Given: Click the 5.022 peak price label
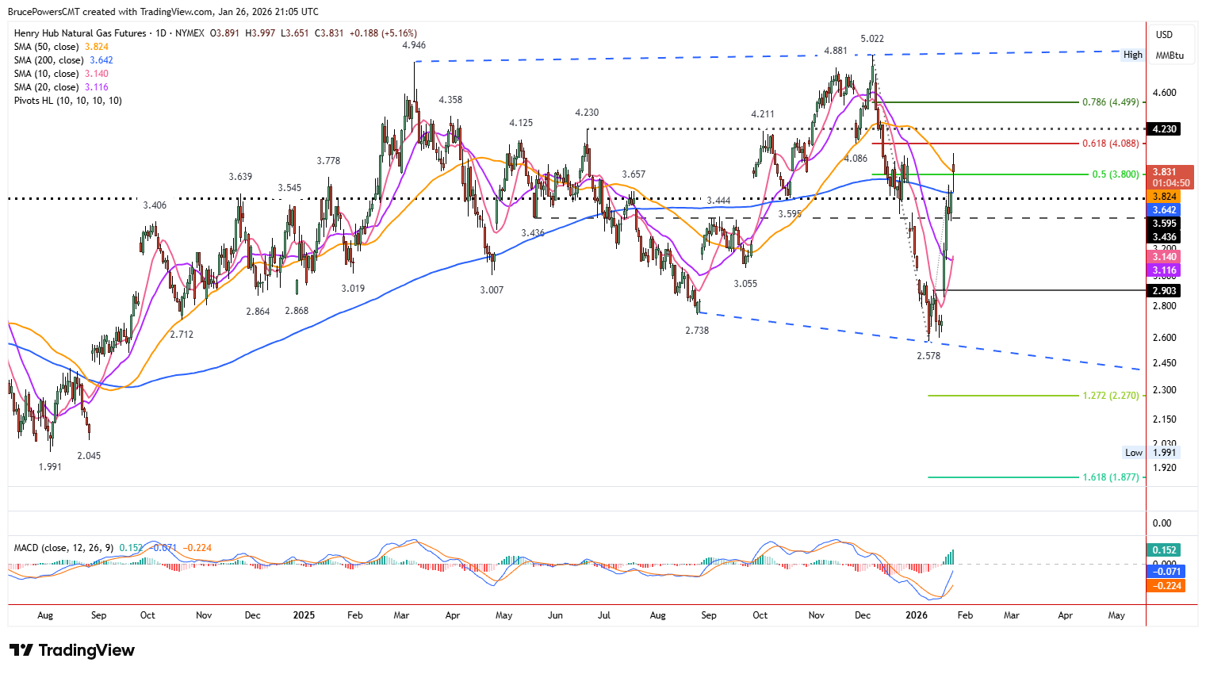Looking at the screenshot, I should pyautogui.click(x=872, y=39).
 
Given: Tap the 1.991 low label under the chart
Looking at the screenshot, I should pyautogui.click(x=50, y=467).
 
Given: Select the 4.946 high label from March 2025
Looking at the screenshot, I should pyautogui.click(x=414, y=45).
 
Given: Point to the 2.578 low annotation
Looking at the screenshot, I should pyautogui.click(x=928, y=356).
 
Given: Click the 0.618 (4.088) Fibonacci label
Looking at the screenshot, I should pyautogui.click(x=1110, y=144).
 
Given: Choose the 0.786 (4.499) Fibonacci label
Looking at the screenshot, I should pyautogui.click(x=1110, y=102).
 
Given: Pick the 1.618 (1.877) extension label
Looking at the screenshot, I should pyautogui.click(x=1110, y=477).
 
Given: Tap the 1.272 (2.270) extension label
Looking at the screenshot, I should pyautogui.click(x=1110, y=396).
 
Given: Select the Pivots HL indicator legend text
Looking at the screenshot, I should pyautogui.click(x=68, y=101).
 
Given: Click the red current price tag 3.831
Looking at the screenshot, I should pyautogui.click(x=1165, y=172).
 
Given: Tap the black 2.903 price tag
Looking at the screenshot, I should pyautogui.click(x=1165, y=291).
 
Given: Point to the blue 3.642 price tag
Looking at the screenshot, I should pyautogui.click(x=1165, y=210).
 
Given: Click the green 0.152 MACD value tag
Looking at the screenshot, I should pyautogui.click(x=1165, y=550).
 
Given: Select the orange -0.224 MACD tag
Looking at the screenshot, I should pyautogui.click(x=1165, y=586).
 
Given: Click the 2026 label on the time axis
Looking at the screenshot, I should pyautogui.click(x=917, y=615).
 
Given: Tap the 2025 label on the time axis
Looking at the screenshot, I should pyautogui.click(x=304, y=615).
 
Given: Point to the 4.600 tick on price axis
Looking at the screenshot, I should pyautogui.click(x=1165, y=93).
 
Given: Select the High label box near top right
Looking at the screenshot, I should pyautogui.click(x=1132, y=55).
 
